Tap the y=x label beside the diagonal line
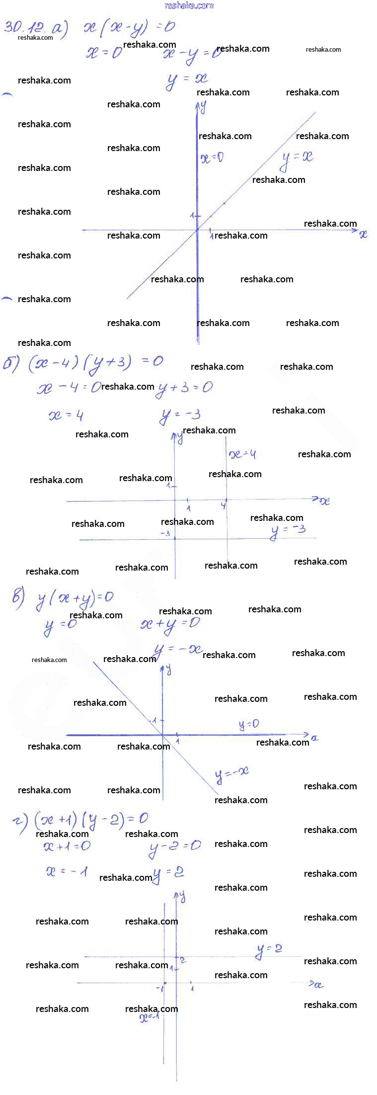pyautogui.click(x=297, y=159)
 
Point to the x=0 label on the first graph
pyautogui.click(x=212, y=158)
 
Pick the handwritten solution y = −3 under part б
pyautogui.click(x=180, y=416)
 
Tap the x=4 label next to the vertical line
pyautogui.click(x=243, y=454)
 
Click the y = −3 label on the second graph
pyautogui.click(x=288, y=531)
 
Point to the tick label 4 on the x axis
pyautogui.click(x=224, y=506)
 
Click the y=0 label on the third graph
pyautogui.click(x=249, y=725)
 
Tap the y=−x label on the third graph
pyautogui.click(x=231, y=774)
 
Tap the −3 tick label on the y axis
pyautogui.click(x=165, y=534)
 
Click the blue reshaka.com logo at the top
pyautogui.click(x=189, y=5)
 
